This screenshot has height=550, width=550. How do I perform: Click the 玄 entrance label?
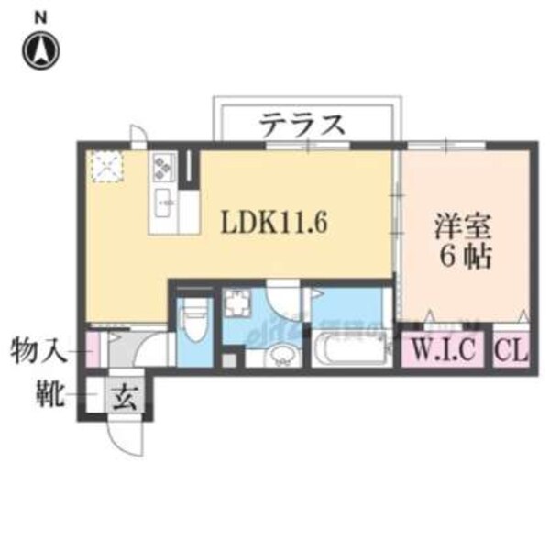tap(125, 400)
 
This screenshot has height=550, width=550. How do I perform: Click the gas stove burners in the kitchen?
tap(163, 166)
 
